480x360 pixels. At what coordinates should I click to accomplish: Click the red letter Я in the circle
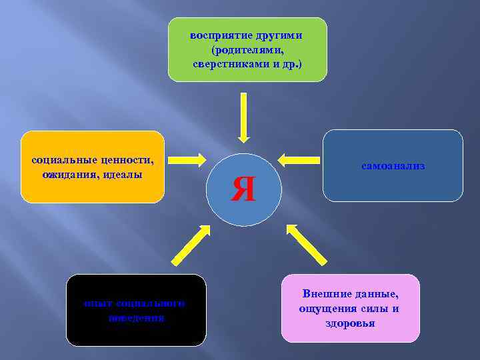pyautogui.click(x=243, y=190)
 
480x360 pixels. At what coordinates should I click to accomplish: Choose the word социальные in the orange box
pyautogui.click(x=61, y=159)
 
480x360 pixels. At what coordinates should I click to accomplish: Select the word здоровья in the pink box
pyautogui.click(x=351, y=323)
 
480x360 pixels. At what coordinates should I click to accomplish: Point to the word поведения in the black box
pyautogui.click(x=136, y=318)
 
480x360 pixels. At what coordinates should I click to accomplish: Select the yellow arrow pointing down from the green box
pyautogui.click(x=243, y=117)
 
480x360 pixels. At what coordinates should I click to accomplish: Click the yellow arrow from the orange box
pyautogui.click(x=187, y=159)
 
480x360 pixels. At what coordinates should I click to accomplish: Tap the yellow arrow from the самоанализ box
pyautogui.click(x=299, y=159)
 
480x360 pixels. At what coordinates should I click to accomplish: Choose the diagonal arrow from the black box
pyautogui.click(x=191, y=245)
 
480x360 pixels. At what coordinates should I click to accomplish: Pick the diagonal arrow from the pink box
pyautogui.click(x=306, y=243)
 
